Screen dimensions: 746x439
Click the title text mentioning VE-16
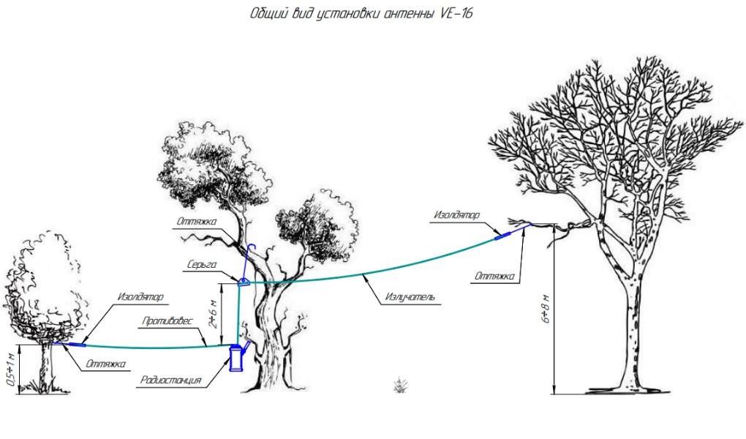[x=361, y=13]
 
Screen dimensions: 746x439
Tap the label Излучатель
[x=410, y=297]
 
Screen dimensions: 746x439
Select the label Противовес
[x=167, y=321]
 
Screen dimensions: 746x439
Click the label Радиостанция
[x=171, y=380]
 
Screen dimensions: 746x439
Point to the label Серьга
[x=202, y=264]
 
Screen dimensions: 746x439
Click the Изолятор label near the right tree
[x=456, y=214]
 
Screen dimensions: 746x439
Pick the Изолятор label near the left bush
[x=140, y=296]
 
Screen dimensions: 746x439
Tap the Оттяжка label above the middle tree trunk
[x=197, y=222]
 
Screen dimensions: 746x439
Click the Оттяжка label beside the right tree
[x=494, y=276]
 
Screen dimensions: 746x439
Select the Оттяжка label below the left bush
[x=105, y=364]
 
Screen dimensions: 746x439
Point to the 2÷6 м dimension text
[x=214, y=315]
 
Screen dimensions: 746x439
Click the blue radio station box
[x=236, y=358]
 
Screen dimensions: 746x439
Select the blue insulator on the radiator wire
[x=503, y=235]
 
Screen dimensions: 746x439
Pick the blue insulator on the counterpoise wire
[x=78, y=344]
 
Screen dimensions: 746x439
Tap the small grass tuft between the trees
[x=400, y=385]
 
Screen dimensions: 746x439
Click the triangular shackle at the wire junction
[x=244, y=282]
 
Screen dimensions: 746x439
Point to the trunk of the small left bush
[x=46, y=367]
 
